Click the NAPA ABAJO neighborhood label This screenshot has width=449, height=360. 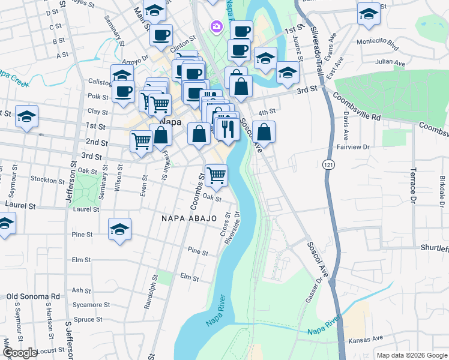coord(188,218)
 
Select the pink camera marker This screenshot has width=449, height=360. coord(215,27)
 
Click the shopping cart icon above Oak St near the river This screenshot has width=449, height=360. coord(216,175)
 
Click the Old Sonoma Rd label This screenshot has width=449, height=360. coord(33,296)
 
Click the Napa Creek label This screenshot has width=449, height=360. coord(12,78)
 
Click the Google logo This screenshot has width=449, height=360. coord(20,353)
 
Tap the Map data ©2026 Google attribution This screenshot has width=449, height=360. coord(411,355)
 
